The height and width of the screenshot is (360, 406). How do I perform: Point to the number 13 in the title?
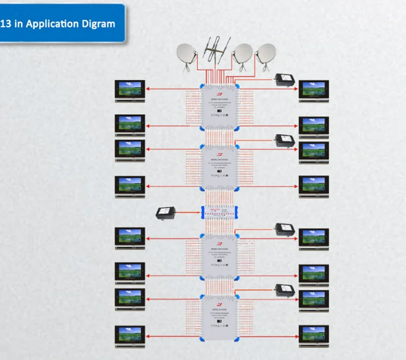point(7,24)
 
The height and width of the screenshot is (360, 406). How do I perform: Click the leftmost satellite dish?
point(187,54)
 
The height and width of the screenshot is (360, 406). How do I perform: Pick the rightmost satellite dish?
point(266,53)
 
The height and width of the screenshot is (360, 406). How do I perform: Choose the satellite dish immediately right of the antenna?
point(242,53)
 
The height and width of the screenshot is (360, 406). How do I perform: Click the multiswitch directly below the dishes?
point(219,106)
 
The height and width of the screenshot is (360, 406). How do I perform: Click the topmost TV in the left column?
point(130,89)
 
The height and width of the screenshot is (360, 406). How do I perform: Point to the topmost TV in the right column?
point(314,89)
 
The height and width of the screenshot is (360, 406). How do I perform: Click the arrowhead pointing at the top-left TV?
point(149,88)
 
